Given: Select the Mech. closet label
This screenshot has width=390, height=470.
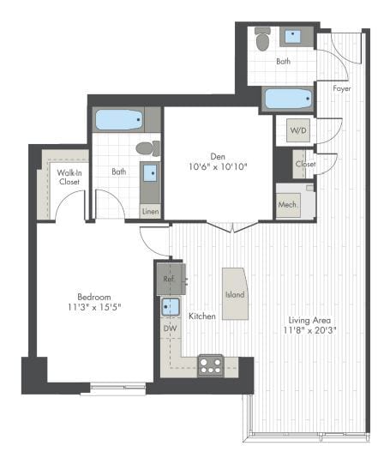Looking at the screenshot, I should [286, 205].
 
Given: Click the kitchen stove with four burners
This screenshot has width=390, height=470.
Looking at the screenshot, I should [210, 365].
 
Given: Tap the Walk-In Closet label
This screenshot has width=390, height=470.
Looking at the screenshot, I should [69, 177].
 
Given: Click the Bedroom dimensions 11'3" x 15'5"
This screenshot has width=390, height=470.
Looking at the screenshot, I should [92, 306].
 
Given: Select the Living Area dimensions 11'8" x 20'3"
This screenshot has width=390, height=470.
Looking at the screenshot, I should [311, 327].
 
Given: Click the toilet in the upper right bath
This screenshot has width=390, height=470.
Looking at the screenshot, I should [262, 38].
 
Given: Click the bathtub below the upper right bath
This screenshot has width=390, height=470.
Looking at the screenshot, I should [288, 98].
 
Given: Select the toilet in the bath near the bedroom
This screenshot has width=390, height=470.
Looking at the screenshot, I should [147, 148].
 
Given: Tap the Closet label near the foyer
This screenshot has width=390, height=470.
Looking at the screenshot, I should [304, 163].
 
